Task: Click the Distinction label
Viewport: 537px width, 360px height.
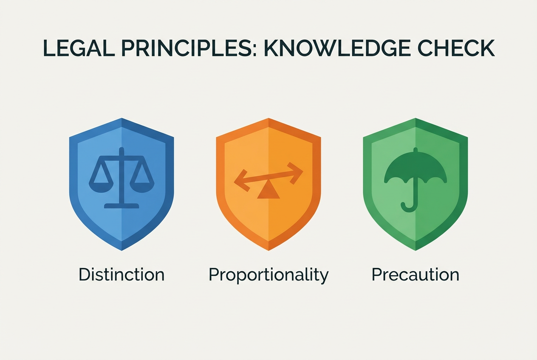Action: click(x=122, y=275)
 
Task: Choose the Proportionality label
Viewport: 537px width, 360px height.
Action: click(x=268, y=275)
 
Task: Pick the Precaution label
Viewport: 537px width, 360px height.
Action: click(x=415, y=275)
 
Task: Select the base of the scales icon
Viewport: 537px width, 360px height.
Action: click(x=122, y=205)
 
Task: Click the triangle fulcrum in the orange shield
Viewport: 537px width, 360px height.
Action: click(x=268, y=192)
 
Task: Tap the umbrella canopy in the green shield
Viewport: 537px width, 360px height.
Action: click(x=415, y=168)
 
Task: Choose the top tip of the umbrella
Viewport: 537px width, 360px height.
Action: click(x=415, y=149)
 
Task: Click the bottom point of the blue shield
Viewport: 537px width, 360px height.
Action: click(x=122, y=250)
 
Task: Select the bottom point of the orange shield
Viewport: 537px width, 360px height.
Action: click(x=268, y=250)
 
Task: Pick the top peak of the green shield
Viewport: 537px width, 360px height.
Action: click(x=415, y=118)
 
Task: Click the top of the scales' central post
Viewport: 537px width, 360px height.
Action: click(x=122, y=149)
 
